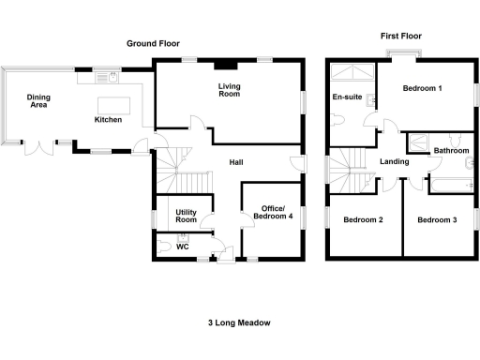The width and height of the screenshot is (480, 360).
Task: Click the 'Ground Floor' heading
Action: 155,43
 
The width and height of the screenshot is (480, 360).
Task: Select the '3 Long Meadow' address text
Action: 239,322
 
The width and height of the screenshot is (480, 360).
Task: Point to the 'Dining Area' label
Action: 38,101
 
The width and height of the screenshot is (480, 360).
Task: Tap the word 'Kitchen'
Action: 109,120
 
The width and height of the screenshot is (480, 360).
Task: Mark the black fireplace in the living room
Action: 224,66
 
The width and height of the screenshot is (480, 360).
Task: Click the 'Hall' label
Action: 237,162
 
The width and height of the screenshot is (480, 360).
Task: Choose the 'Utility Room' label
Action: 187,216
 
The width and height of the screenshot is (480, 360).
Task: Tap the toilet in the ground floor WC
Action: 166,247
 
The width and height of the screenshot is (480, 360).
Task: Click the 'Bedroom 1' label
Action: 423,88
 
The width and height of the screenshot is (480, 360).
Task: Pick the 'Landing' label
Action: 395,162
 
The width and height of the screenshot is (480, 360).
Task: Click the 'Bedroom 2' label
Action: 362,220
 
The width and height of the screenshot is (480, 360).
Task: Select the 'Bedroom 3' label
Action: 437,220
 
